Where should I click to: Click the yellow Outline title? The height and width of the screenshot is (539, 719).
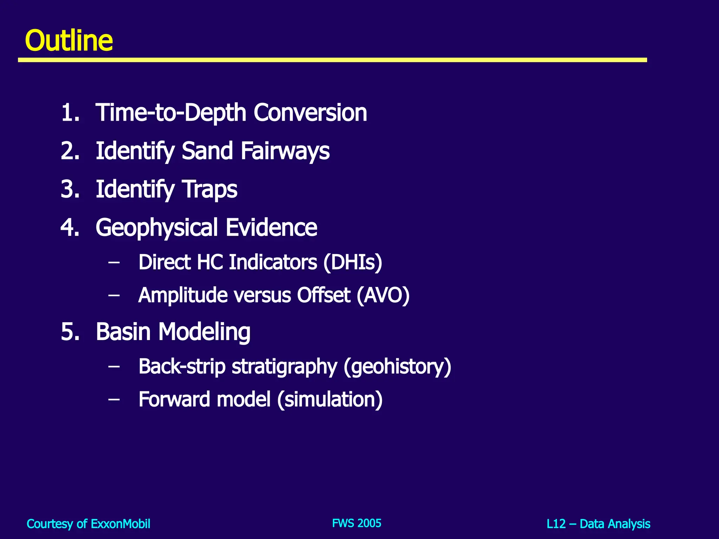69,41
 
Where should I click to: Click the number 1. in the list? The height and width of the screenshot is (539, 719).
70,113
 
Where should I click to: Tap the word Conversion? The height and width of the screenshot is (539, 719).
310,113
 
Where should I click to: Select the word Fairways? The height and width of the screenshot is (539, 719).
285,151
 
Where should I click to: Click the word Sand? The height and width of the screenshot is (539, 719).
207,151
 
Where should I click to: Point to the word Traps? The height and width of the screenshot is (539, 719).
210,189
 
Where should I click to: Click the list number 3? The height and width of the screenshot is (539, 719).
70,189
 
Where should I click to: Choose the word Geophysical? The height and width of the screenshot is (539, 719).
157,228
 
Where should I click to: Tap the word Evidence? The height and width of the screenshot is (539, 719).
271,227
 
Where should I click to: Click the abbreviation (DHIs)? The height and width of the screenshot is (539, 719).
352,262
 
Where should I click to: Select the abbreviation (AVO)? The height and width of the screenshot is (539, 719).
383,295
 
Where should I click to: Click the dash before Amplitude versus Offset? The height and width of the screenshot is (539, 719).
114,295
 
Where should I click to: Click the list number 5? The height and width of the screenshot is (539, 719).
70,332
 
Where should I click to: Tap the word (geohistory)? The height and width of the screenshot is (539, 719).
397,367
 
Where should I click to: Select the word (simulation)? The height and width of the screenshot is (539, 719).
330,400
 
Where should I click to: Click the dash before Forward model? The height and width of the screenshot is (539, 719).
114,399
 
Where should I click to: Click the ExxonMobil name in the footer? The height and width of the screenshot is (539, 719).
120,524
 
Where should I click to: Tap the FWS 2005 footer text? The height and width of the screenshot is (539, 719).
356,523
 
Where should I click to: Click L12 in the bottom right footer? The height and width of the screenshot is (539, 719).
556,524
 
